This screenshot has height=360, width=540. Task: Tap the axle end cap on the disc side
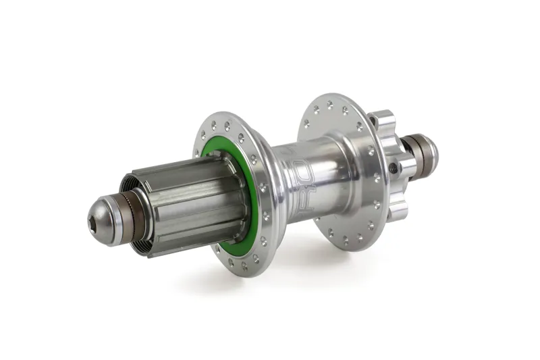point(427,154)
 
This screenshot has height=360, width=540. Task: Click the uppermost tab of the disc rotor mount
point(382,120)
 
